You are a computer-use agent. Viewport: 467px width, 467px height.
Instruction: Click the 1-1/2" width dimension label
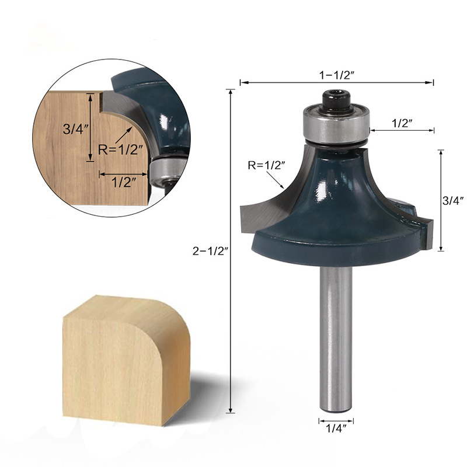(x=337, y=75)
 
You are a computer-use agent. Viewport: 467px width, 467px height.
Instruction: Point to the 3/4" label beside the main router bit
(x=454, y=200)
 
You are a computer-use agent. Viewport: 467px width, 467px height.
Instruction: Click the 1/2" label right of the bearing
(x=402, y=123)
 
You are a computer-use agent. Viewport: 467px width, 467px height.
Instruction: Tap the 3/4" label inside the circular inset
(x=73, y=130)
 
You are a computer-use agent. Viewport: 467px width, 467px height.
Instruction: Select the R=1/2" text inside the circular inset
(x=120, y=149)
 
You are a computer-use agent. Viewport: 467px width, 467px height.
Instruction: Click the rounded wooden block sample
(x=126, y=359)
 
